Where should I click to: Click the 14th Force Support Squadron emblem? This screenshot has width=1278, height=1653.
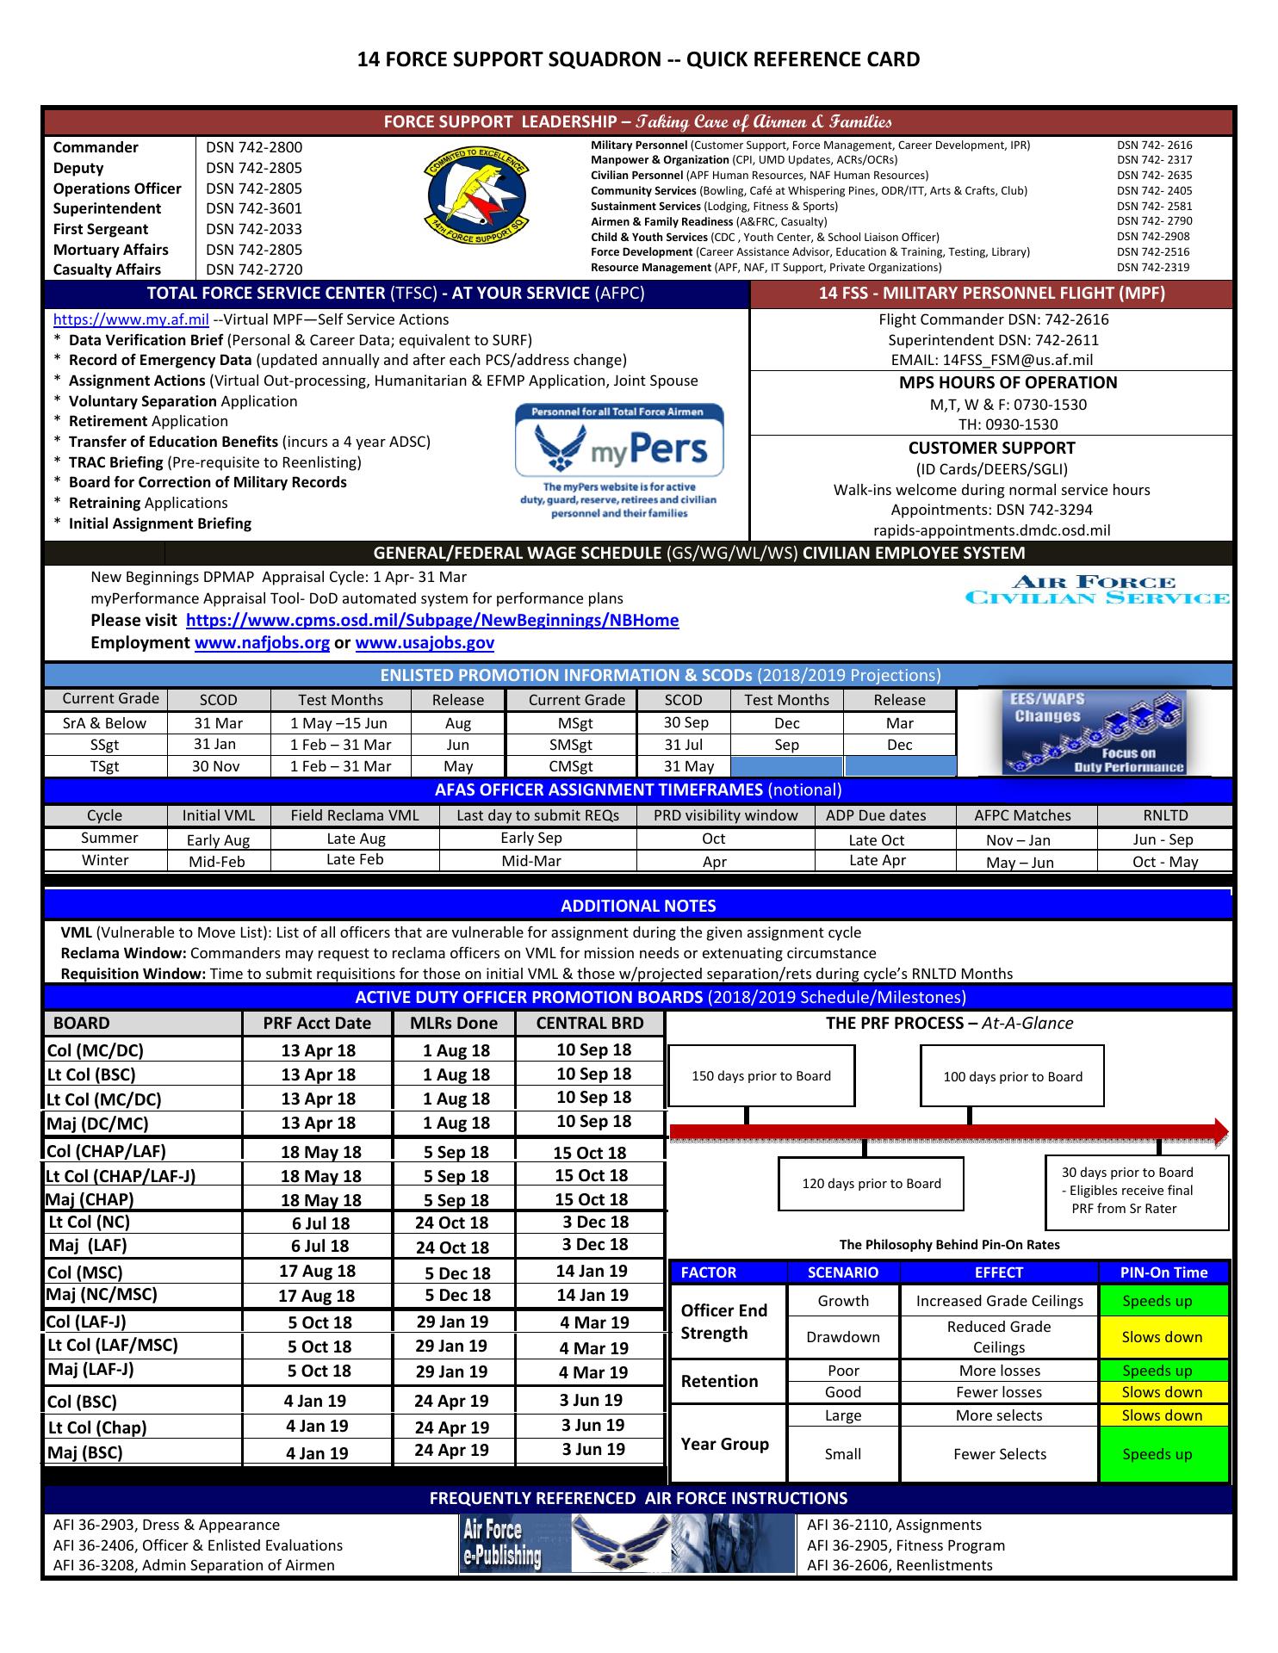476,207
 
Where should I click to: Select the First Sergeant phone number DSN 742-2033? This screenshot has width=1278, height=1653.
254,229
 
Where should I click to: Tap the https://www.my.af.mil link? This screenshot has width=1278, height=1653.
131,319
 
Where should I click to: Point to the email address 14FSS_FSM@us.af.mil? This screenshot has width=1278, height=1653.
992,360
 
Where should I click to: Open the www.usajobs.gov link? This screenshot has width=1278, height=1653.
425,642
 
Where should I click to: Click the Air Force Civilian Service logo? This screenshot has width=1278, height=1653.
1097,591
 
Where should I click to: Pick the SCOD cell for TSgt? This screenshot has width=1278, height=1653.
216,766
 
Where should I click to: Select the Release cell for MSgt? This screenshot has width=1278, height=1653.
899,723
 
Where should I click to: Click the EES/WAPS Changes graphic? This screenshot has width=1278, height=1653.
1094,732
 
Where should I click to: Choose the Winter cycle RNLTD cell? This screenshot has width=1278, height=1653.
1165,862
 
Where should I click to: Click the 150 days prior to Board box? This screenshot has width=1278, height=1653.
761,1076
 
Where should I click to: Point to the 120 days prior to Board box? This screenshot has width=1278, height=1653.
871,1184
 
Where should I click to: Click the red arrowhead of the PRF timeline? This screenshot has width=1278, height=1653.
1219,1132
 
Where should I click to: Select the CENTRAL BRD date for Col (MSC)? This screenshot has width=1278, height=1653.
592,1271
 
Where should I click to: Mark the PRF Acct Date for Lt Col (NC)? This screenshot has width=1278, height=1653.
320,1223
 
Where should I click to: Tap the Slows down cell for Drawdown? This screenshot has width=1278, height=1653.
1162,1337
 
